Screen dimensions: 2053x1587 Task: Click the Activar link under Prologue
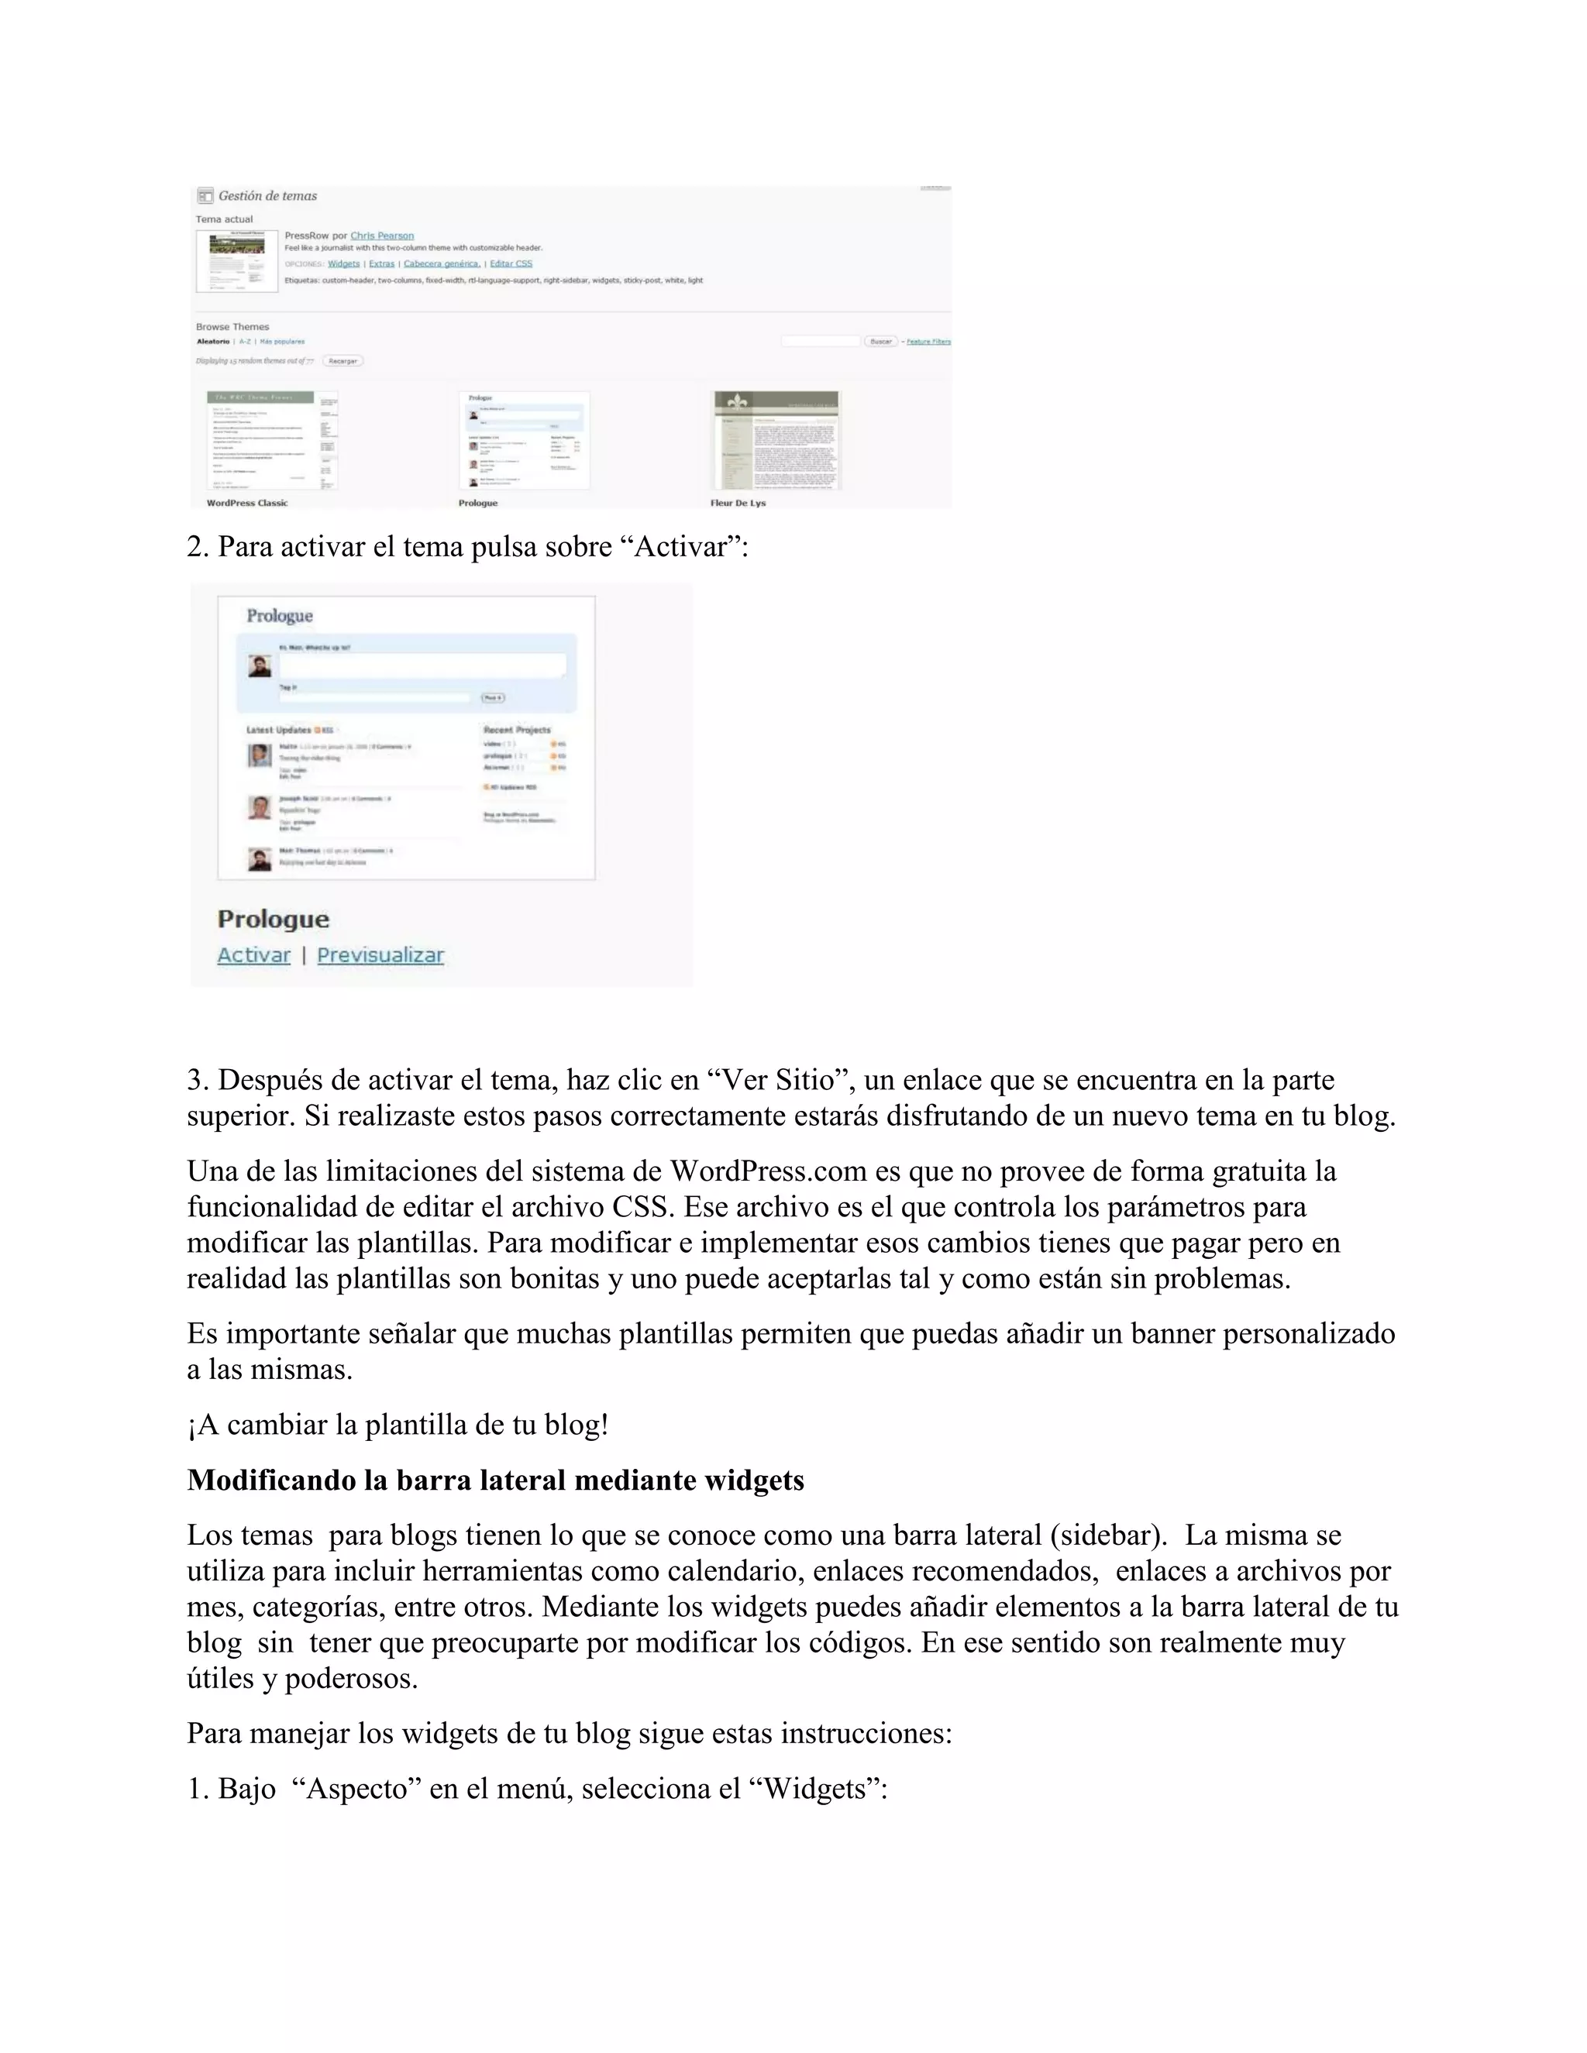(x=254, y=955)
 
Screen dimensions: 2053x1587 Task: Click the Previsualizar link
(x=380, y=955)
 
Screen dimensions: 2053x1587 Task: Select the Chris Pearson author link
(x=382, y=236)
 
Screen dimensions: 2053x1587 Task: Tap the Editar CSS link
(x=511, y=264)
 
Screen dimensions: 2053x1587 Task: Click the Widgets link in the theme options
(x=343, y=264)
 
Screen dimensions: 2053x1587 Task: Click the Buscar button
(x=881, y=341)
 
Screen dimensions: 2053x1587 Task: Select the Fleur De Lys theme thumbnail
(x=776, y=440)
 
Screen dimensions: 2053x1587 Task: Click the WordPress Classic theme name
(x=247, y=503)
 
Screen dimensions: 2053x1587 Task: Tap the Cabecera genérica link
(x=442, y=264)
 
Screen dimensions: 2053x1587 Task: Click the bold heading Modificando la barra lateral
(x=495, y=1480)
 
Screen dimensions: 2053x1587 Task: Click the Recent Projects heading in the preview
(x=517, y=730)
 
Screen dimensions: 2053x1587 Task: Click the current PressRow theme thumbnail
(x=237, y=260)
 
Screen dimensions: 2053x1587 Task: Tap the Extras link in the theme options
(x=382, y=264)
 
